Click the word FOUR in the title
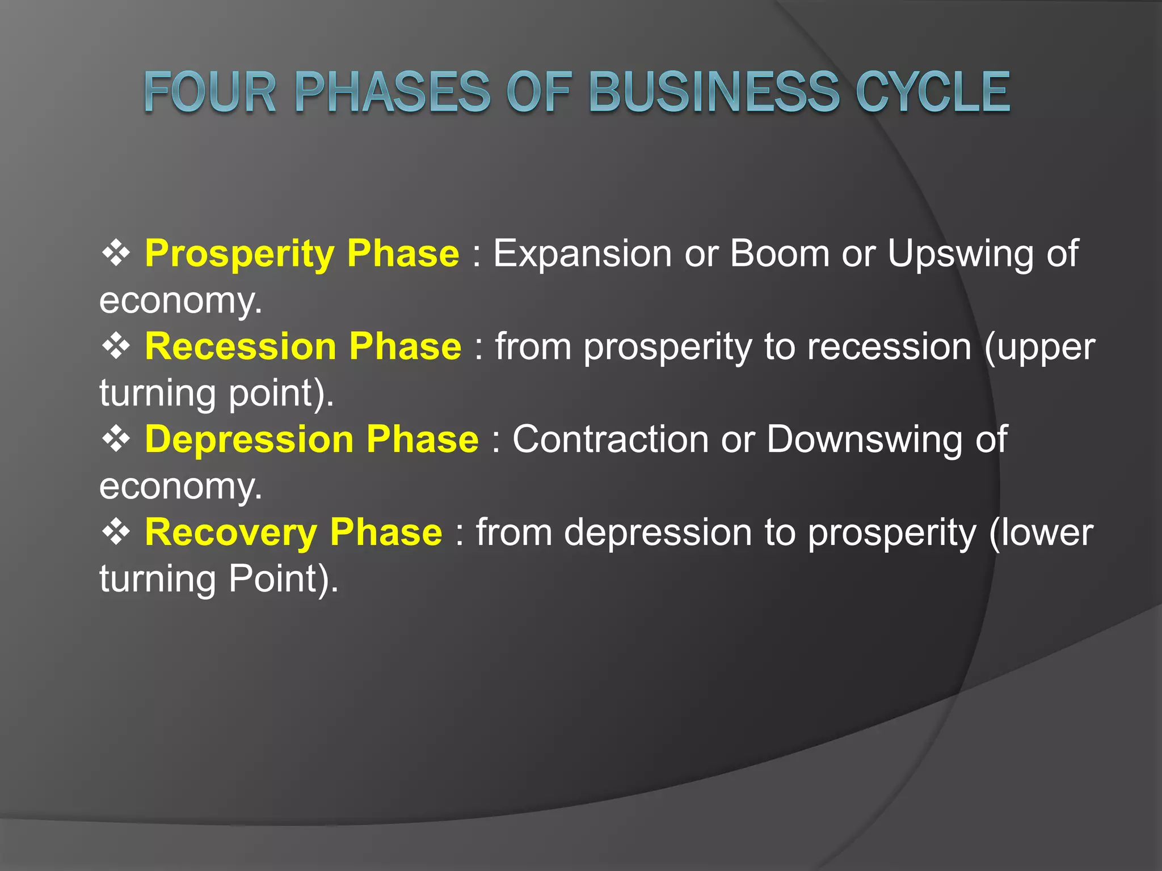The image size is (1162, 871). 210,92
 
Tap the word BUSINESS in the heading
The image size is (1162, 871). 714,92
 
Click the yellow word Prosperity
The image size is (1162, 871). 239,253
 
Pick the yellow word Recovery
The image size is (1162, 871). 230,532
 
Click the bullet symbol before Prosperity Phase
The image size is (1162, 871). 116,253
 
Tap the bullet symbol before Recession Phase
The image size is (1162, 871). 116,346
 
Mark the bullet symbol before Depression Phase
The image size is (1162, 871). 116,439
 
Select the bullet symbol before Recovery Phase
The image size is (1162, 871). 116,532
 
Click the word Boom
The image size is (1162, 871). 780,253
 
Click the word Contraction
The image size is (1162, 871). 611,439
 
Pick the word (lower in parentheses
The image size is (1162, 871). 1041,532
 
